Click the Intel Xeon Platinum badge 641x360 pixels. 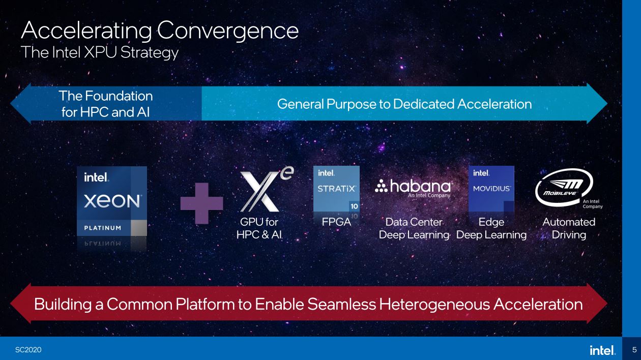pyautogui.click(x=112, y=201)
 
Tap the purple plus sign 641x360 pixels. pyautogui.click(x=202, y=203)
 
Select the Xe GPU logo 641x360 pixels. pyautogui.click(x=266, y=189)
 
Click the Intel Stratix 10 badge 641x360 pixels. pyautogui.click(x=337, y=189)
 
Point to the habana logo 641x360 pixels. pyautogui.click(x=414, y=188)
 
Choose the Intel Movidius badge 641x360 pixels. pyautogui.click(x=491, y=189)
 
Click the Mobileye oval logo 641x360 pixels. pyautogui.click(x=564, y=187)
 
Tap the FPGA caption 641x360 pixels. pyautogui.click(x=337, y=222)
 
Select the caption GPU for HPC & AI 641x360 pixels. pyautogui.click(x=259, y=228)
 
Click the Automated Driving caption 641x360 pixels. pyautogui.click(x=569, y=228)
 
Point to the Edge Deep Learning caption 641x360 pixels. pyautogui.click(x=491, y=228)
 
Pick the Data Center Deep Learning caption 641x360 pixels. pyautogui.click(x=414, y=228)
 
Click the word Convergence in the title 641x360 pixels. pyautogui.click(x=228, y=31)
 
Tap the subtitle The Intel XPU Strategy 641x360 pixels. pyautogui.click(x=100, y=52)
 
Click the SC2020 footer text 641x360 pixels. pyautogui.click(x=28, y=350)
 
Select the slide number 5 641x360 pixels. pyautogui.click(x=634, y=350)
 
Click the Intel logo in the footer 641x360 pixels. pyautogui.click(x=602, y=350)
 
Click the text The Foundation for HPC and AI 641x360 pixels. pyautogui.click(x=106, y=104)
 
